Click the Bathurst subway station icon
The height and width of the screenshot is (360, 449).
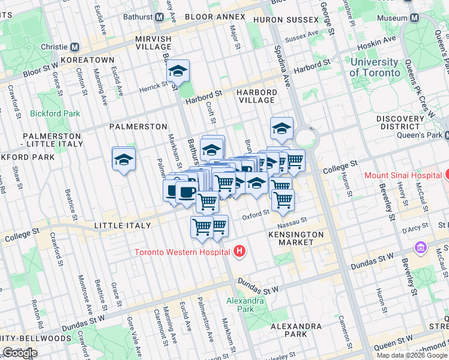tap(159, 17)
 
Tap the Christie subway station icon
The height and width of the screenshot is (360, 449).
tap(75, 47)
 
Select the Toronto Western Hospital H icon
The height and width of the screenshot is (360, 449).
tap(240, 251)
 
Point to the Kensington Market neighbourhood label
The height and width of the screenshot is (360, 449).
tap(296, 238)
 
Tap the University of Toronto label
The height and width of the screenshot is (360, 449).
tap(375, 67)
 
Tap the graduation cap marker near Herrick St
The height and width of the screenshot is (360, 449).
tap(178, 71)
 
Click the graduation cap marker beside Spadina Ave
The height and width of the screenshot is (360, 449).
tap(282, 128)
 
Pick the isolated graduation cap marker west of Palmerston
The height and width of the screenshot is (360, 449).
tap(124, 159)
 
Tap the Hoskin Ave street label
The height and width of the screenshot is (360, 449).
tap(379, 40)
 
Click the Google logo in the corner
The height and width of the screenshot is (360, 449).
tap(20, 353)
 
